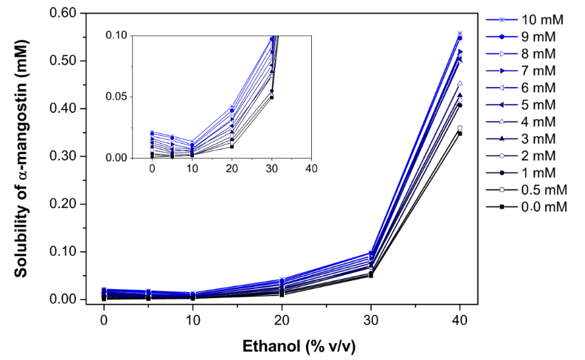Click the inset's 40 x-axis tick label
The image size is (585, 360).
311,169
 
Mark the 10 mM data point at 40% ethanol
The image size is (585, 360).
459,33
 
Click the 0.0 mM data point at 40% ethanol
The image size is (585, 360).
459,133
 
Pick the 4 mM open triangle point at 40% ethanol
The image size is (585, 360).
459,83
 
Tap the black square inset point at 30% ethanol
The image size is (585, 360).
271,97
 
